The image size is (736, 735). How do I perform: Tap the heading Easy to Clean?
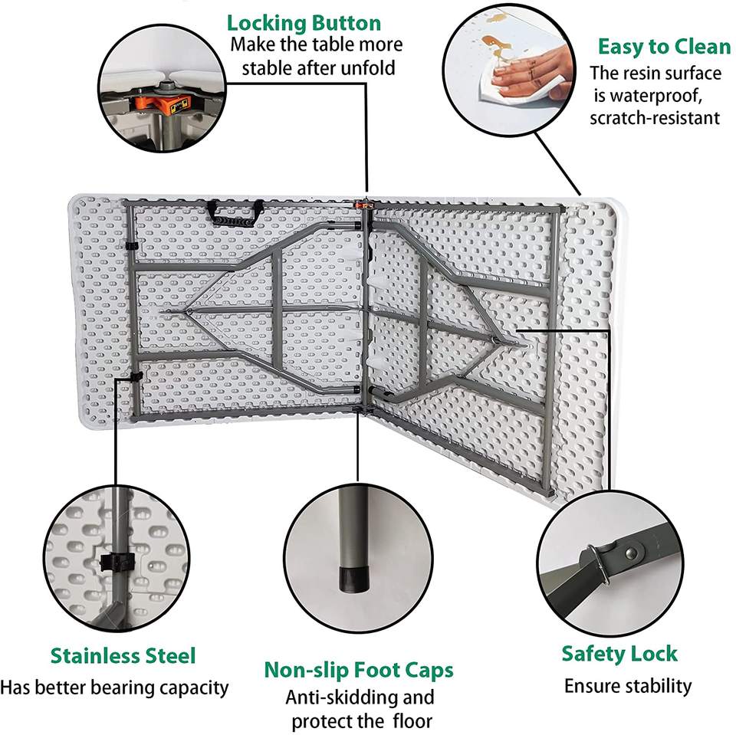pos(664,47)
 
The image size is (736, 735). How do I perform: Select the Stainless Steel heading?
pos(123,656)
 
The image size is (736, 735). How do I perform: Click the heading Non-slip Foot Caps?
pos(358,670)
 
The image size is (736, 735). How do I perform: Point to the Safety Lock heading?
pos(619,654)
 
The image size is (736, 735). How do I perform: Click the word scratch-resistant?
pos(655,118)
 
